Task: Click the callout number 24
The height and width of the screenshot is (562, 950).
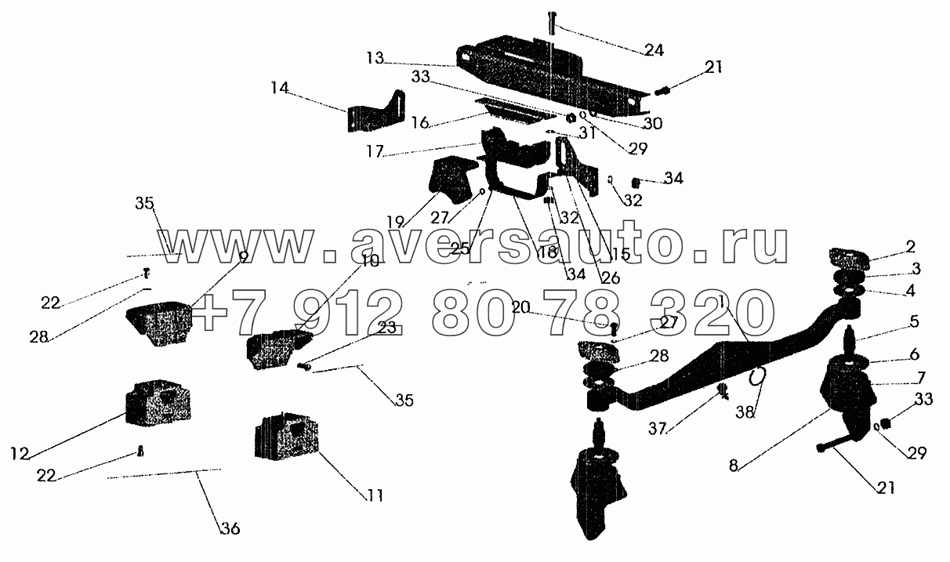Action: pos(654,50)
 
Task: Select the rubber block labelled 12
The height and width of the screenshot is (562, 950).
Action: pos(159,401)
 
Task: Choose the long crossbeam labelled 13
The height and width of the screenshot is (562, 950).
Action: pos(549,78)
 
